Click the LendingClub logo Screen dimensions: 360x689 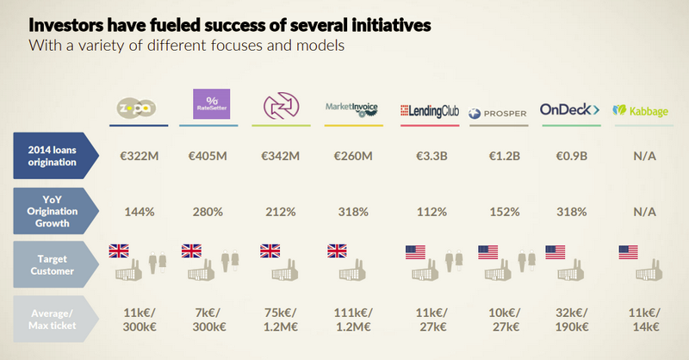[x=430, y=110]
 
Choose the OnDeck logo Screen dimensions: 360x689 [x=569, y=109]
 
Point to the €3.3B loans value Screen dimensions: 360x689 [x=429, y=158]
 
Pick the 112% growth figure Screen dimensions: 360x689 [x=429, y=211]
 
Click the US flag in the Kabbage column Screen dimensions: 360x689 [x=628, y=252]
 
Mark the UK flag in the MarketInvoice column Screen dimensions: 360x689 [x=336, y=251]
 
